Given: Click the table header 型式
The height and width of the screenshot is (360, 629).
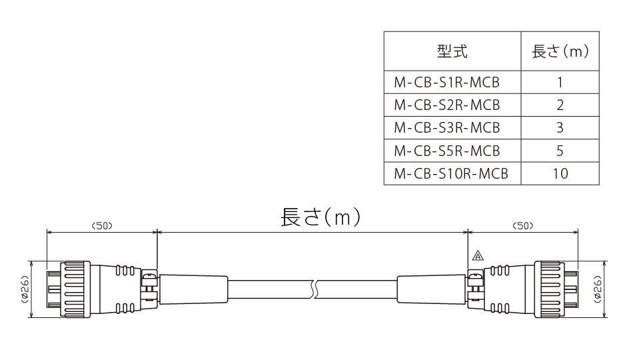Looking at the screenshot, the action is pyautogui.click(x=452, y=51).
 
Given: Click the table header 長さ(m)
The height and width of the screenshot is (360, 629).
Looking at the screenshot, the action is pyautogui.click(x=560, y=51).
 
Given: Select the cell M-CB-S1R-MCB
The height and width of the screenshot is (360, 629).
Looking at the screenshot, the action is pyautogui.click(x=446, y=82).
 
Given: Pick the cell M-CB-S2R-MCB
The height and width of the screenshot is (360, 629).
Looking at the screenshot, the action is pyautogui.click(x=447, y=105).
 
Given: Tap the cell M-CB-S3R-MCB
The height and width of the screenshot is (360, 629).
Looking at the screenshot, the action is pyautogui.click(x=447, y=128).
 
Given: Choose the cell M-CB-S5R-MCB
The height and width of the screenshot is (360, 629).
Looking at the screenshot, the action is pyautogui.click(x=447, y=151).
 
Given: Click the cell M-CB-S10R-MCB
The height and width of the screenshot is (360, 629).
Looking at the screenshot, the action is pyautogui.click(x=451, y=174).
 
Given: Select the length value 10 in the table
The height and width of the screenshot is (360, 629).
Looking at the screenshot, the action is pyautogui.click(x=560, y=174).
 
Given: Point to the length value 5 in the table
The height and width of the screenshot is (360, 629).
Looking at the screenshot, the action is pyautogui.click(x=560, y=151).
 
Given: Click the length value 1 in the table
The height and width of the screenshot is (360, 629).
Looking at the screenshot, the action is pyautogui.click(x=560, y=82).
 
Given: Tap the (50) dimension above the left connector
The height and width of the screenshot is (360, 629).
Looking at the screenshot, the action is pyautogui.click(x=102, y=226).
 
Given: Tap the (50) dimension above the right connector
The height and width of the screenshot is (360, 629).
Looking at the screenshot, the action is pyautogui.click(x=522, y=226).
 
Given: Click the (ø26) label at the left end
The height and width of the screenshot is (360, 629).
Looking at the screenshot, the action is pyautogui.click(x=25, y=289).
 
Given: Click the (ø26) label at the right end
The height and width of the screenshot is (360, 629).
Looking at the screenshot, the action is pyautogui.click(x=597, y=289).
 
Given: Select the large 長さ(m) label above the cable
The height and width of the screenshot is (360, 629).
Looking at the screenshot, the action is pyautogui.click(x=320, y=217).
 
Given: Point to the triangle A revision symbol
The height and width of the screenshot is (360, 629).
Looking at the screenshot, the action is pyautogui.click(x=478, y=255).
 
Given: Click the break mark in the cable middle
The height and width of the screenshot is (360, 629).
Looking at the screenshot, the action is pyautogui.click(x=315, y=289).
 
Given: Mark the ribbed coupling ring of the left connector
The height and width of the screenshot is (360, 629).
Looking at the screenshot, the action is pyautogui.click(x=75, y=289).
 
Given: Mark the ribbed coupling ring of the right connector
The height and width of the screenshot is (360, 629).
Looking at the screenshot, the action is pyautogui.click(x=549, y=289).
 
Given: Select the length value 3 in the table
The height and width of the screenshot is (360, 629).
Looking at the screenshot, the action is pyautogui.click(x=560, y=128).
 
